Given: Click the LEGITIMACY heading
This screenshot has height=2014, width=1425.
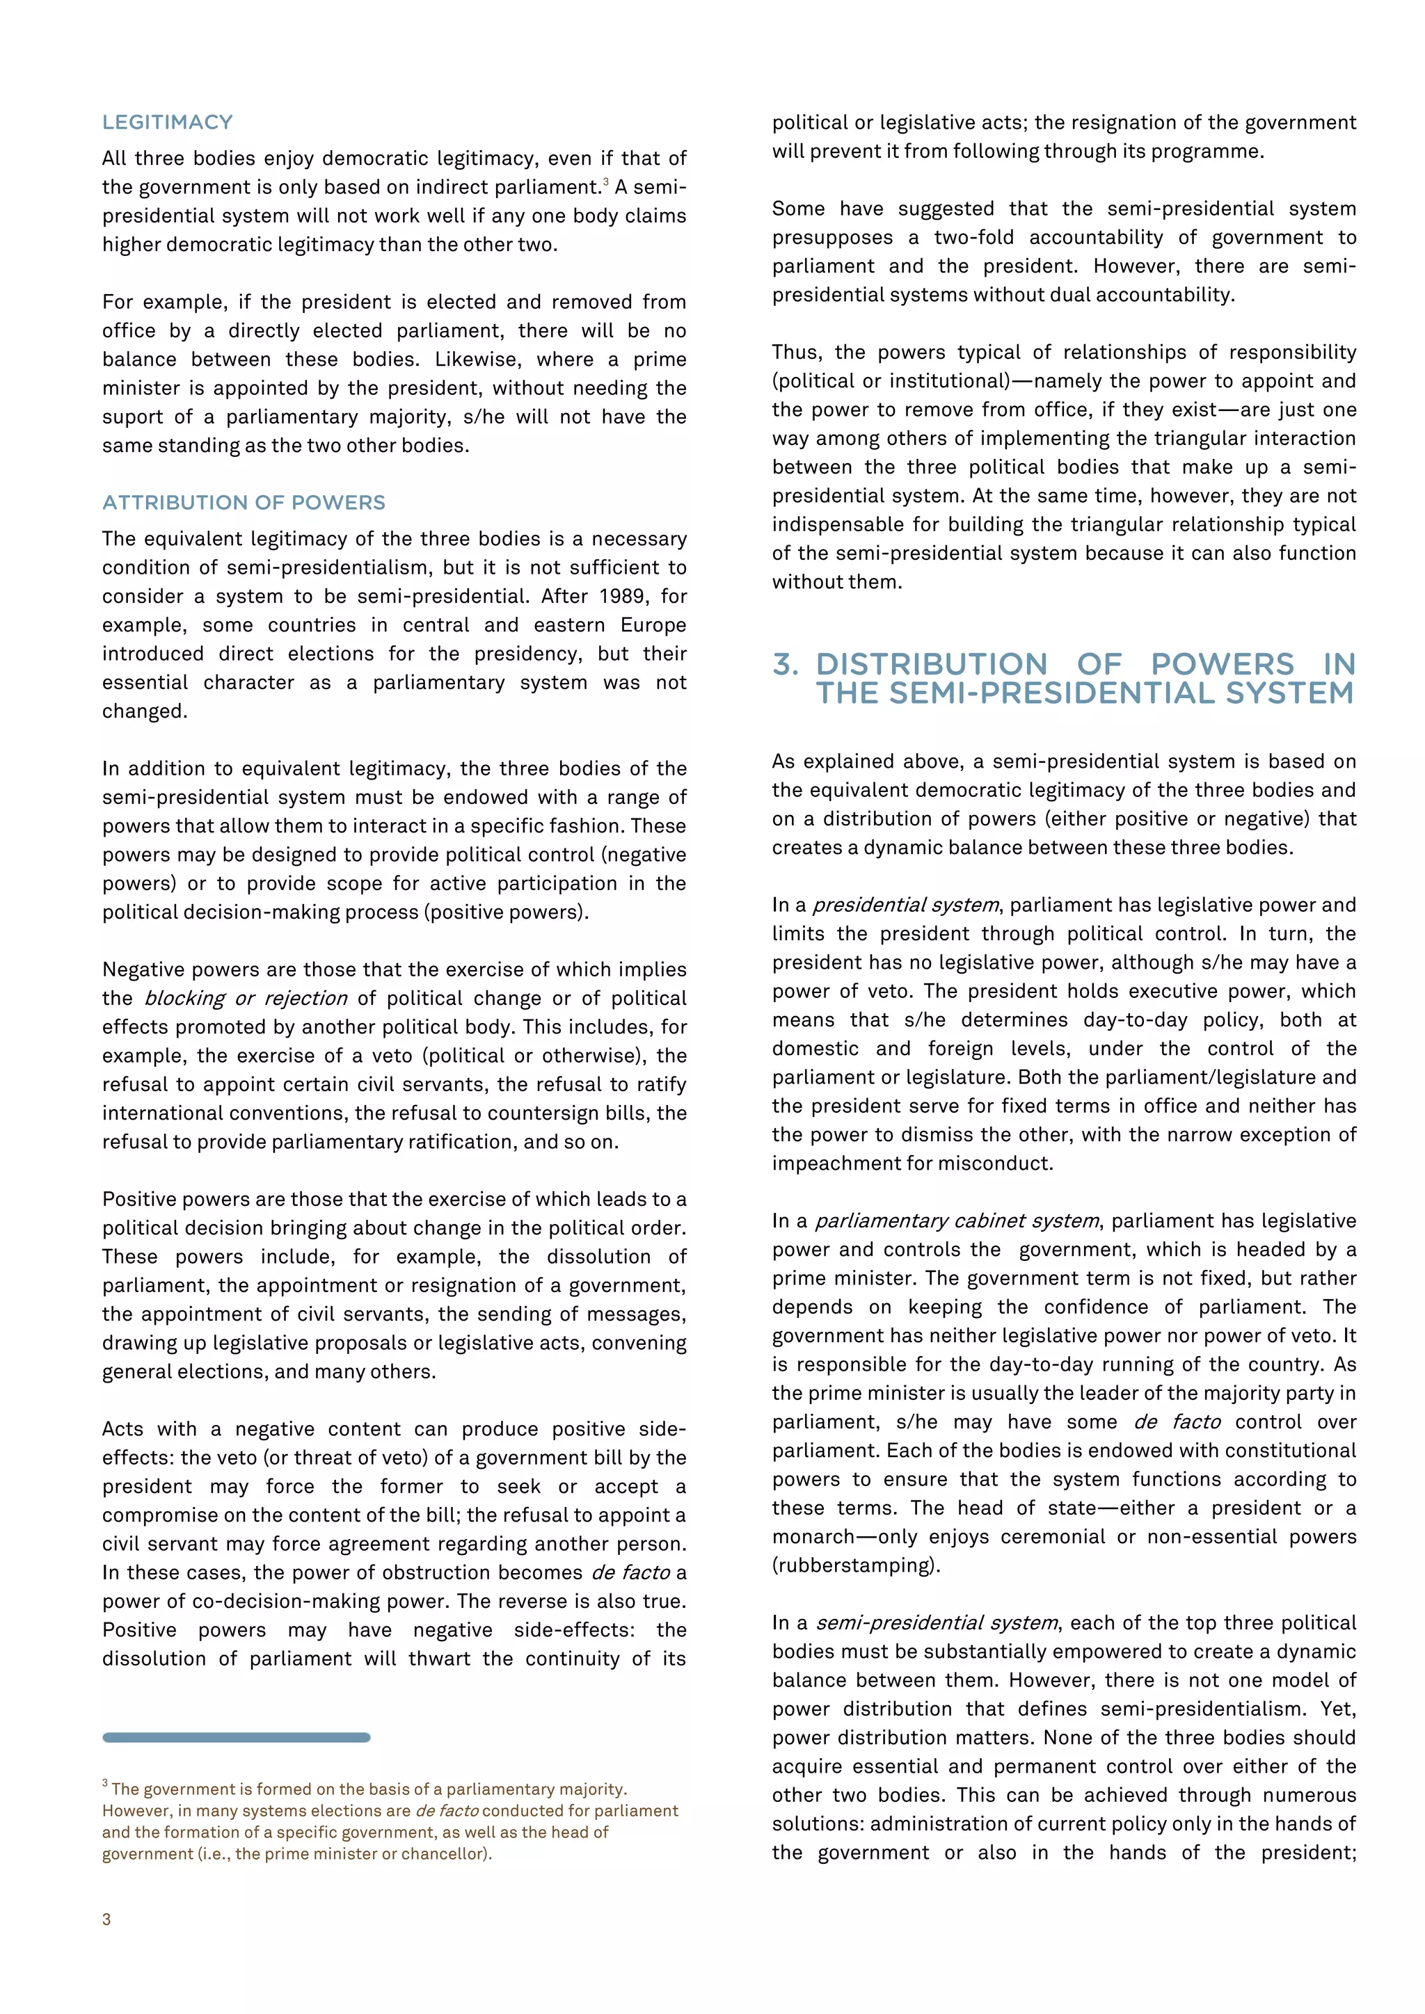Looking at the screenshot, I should pyautogui.click(x=167, y=122).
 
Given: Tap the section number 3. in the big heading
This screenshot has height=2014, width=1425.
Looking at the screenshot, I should pyautogui.click(x=786, y=664).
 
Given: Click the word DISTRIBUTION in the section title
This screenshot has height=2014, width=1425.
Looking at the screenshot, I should pyautogui.click(x=931, y=664).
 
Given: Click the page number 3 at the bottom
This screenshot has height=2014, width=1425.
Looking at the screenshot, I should pyautogui.click(x=107, y=1919).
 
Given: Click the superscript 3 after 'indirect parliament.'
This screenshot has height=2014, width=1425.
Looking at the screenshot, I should pyautogui.click(x=605, y=182).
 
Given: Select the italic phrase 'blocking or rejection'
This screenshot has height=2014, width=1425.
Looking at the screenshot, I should pyautogui.click(x=246, y=998).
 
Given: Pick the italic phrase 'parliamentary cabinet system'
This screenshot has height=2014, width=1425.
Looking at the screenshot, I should pyautogui.click(x=957, y=1221).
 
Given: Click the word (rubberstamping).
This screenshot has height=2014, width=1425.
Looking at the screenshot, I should pyautogui.click(x=856, y=1565).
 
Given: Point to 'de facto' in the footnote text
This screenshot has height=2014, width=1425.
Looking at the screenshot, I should pyautogui.click(x=447, y=1810).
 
